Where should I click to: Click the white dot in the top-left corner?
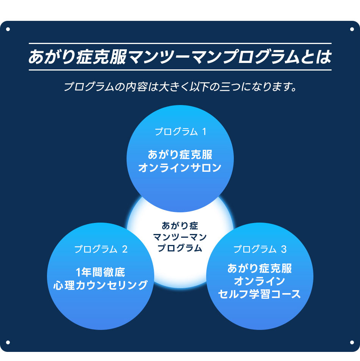coord(8,29)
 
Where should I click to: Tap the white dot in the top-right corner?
coord(352,29)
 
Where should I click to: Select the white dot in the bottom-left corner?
coord(8,342)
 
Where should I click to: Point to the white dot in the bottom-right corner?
coord(352,342)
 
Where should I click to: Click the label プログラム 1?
coord(180,132)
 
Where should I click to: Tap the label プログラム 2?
coord(101,249)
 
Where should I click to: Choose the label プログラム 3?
coord(260,249)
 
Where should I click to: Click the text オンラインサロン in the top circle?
coord(180,168)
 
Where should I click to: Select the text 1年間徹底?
coord(100,272)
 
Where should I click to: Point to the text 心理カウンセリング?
coord(100,285)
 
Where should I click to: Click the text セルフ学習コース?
coord(260,294)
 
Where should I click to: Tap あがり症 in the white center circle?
coord(180,226)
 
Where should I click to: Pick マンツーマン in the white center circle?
coord(180,237)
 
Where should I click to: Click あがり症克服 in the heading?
coord(78,57)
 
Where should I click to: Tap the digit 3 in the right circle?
coord(284,249)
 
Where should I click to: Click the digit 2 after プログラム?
coord(125,249)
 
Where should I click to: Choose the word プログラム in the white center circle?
coord(180,248)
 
